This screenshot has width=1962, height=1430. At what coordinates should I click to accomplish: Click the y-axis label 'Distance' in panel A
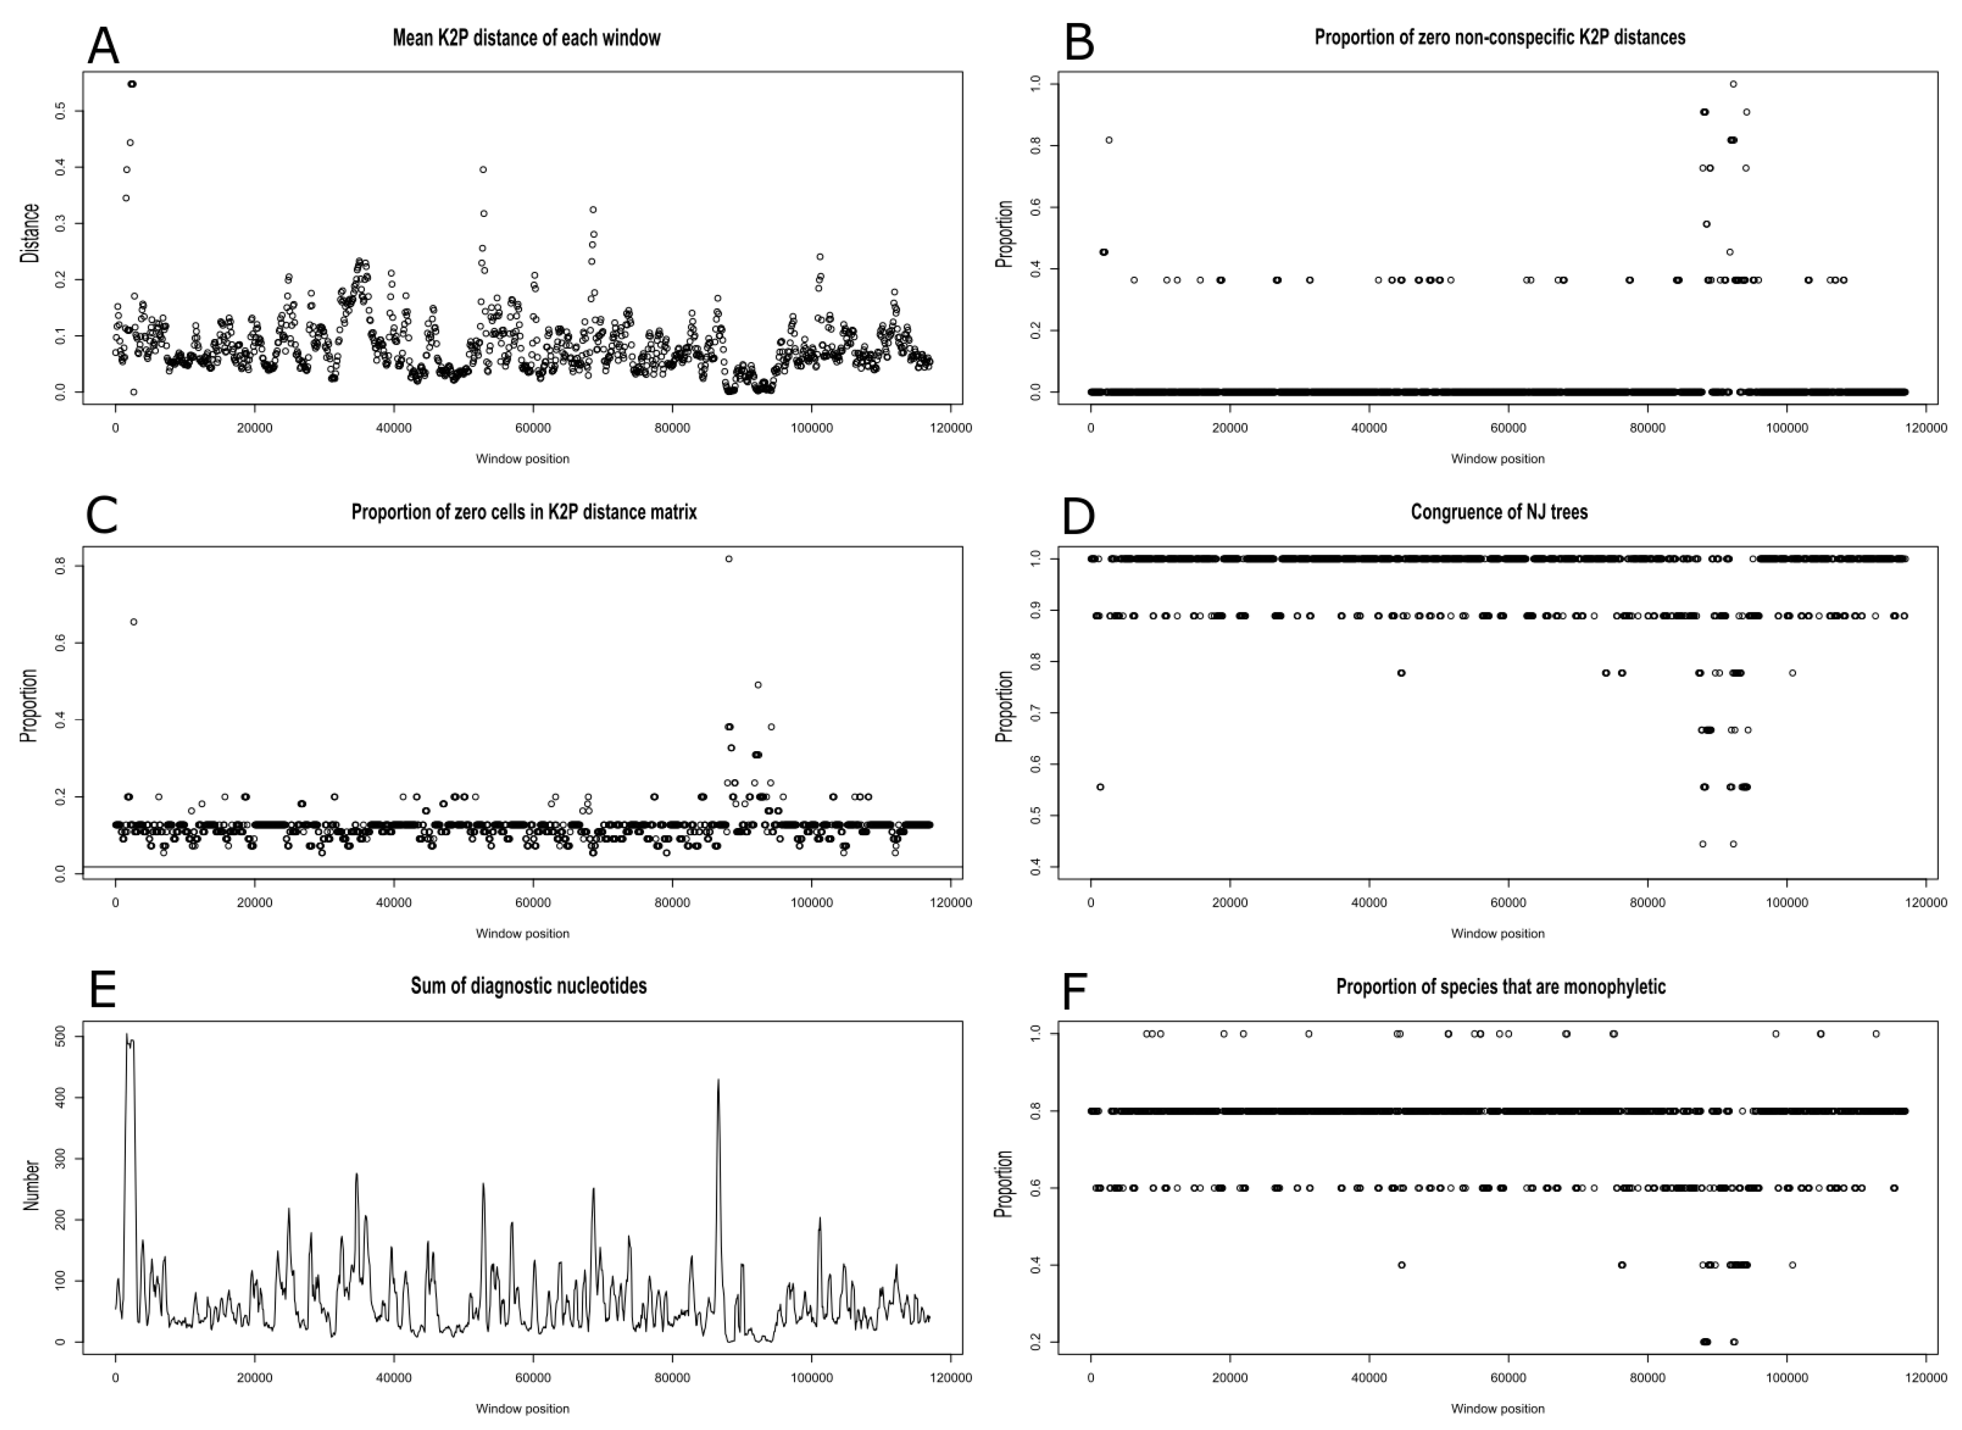tap(30, 234)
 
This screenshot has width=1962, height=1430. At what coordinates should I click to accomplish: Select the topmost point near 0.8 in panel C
tap(729, 559)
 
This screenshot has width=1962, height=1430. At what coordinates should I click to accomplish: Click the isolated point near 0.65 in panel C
tap(133, 621)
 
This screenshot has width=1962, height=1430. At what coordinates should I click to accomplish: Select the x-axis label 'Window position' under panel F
tap(1497, 1408)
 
